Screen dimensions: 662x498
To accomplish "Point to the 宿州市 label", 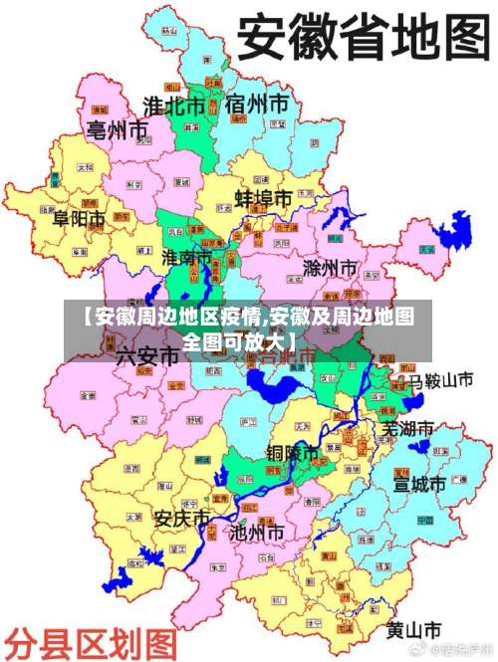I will [x=257, y=104].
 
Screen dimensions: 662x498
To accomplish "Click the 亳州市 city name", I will [x=117, y=129].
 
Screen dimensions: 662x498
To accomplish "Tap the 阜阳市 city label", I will [x=79, y=218].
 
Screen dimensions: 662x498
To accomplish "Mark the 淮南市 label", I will [x=188, y=258].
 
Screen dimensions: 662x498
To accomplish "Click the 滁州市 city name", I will [x=329, y=269].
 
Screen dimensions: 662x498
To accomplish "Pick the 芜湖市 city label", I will [x=408, y=429].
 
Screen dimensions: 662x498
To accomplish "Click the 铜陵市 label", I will [x=293, y=453].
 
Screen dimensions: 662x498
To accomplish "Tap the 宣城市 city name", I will [x=419, y=485].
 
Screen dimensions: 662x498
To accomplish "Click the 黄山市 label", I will [x=413, y=630].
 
